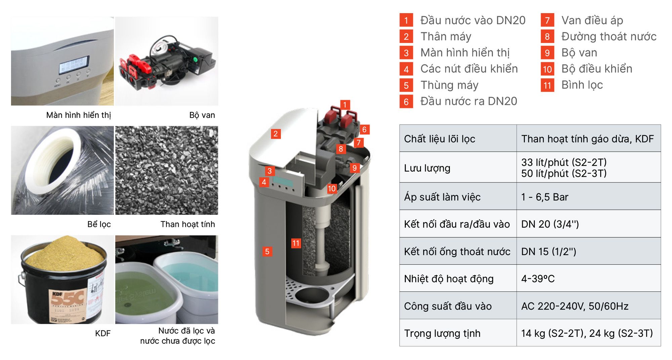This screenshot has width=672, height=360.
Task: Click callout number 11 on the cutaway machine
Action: pos(296,243)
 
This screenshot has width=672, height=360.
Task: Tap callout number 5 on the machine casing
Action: pos(267,251)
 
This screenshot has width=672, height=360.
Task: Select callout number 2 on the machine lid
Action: pos(276,134)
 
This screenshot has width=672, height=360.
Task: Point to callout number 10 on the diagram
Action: pos(332,189)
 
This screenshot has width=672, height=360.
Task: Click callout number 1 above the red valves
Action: pos(345,105)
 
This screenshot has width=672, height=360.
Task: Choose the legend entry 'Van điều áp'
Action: pos(592,21)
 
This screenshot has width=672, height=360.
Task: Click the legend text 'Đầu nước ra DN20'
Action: pos(468,101)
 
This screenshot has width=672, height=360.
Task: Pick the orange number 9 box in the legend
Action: pos(547,53)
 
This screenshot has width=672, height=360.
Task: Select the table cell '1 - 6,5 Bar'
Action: pos(544,197)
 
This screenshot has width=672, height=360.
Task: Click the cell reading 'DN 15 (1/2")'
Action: pos(548,251)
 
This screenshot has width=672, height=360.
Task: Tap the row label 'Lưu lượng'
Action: pos(427,168)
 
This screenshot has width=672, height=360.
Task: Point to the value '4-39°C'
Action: pos(538,279)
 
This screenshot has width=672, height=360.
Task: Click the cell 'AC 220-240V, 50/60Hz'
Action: pos(575,306)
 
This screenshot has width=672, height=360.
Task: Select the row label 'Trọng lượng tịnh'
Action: pos(442,333)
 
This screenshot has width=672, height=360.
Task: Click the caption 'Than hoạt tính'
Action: pos(187,224)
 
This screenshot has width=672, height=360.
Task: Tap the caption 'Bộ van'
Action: pos(202,115)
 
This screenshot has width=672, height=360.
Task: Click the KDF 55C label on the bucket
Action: pos(67,299)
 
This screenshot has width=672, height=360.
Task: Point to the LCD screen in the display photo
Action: pos(74,65)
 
